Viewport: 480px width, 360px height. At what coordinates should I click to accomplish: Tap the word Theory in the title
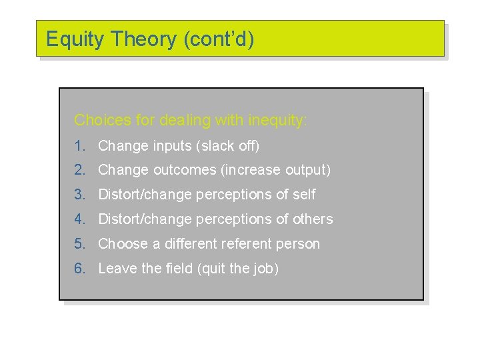(143, 39)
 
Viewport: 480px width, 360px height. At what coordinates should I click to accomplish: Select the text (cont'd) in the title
(218, 39)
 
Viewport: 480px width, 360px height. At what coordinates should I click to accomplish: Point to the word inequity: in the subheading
(278, 121)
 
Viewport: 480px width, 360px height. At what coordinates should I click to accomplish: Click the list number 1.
(80, 145)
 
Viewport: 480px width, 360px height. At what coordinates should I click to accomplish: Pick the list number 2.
(80, 170)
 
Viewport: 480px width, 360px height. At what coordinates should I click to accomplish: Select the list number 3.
(80, 195)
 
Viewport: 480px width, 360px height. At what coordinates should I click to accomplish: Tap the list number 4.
(80, 219)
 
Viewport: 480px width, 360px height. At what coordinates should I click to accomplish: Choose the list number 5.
(80, 244)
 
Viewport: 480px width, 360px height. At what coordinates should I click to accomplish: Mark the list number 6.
(80, 269)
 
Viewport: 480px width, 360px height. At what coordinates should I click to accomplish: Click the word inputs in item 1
(172, 146)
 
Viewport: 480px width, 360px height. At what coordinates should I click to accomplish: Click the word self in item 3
(304, 195)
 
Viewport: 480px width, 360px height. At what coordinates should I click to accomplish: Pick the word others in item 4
(313, 219)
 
